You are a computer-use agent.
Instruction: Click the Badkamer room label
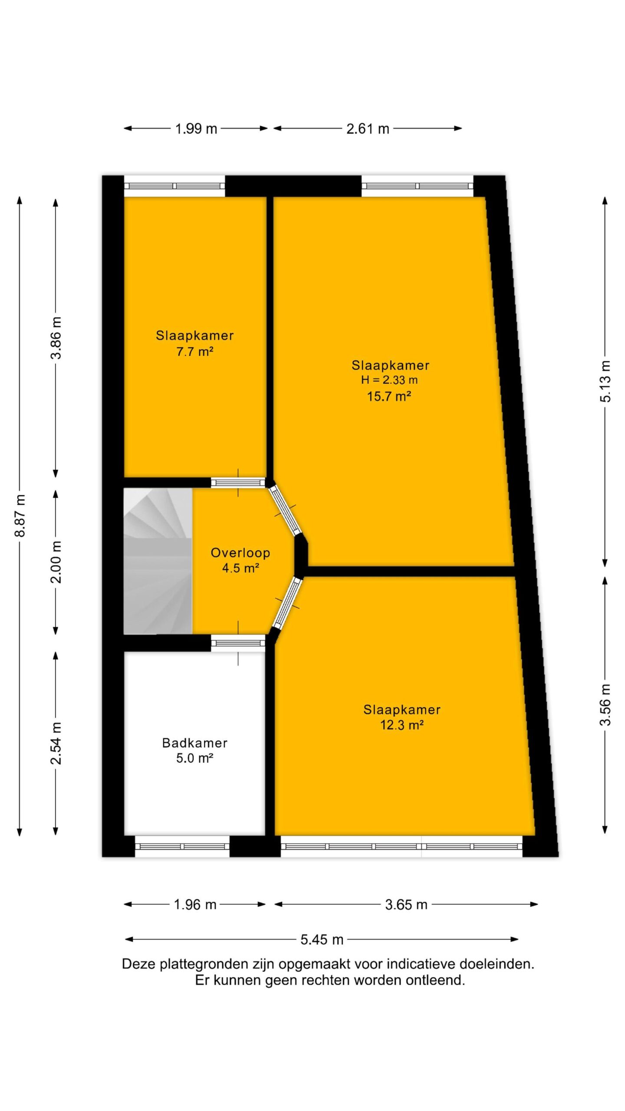[194, 743]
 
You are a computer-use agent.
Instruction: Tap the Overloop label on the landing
[240, 552]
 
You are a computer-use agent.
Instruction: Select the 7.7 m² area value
[194, 352]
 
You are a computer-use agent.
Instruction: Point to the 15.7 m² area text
[389, 396]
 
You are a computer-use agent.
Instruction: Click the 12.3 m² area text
[402, 725]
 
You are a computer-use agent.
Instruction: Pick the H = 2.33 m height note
[389, 380]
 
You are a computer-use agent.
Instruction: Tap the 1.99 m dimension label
[196, 129]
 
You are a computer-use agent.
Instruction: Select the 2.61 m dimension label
[368, 129]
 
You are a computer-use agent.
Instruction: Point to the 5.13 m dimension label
[605, 381]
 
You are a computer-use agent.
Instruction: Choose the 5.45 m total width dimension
[322, 940]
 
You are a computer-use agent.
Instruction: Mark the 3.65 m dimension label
[406, 904]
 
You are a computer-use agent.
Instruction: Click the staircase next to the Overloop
[158, 561]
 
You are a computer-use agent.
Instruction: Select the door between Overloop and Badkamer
[238, 643]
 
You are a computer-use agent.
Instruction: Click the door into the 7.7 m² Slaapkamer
[238, 482]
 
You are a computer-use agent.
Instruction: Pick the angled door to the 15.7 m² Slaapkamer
[285, 510]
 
